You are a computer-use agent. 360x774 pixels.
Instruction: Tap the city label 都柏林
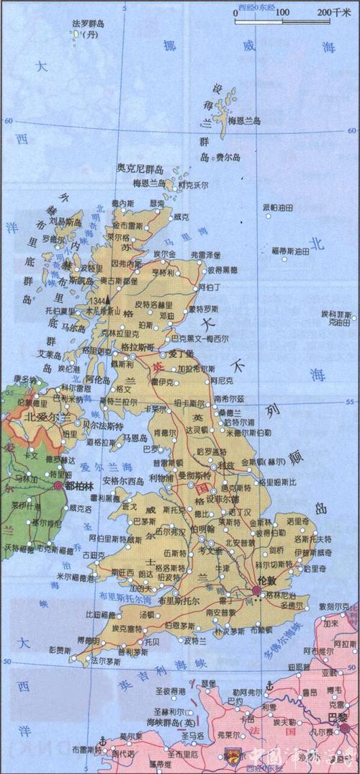pyautogui.click(x=81, y=486)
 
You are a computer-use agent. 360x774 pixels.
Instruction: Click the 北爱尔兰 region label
pyautogui.click(x=48, y=417)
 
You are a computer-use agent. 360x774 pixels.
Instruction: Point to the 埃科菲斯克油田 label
pyautogui.click(x=337, y=318)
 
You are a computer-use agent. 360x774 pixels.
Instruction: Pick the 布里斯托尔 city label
pyautogui.click(x=176, y=600)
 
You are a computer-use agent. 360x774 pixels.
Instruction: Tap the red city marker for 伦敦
pyautogui.click(x=256, y=591)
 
